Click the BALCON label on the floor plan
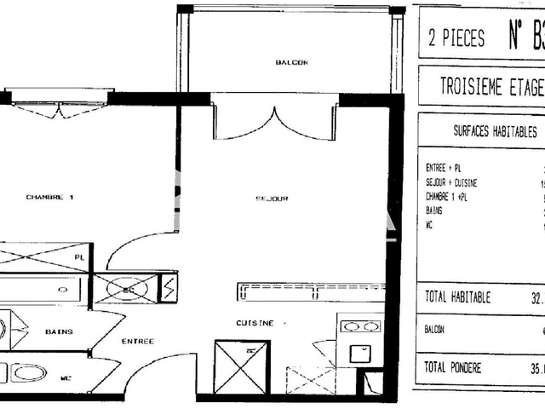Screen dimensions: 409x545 point(290,63)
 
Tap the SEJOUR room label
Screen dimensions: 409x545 point(272,198)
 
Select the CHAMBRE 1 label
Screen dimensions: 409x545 point(50,197)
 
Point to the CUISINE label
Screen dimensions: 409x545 point(255,323)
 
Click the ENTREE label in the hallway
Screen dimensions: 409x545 point(137,341)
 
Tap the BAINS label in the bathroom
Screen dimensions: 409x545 point(59,331)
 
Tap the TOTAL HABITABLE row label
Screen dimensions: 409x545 point(457,297)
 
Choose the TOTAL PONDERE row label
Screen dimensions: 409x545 point(453,367)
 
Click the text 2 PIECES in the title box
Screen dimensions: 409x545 point(456,38)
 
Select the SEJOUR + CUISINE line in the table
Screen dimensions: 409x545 point(451,183)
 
